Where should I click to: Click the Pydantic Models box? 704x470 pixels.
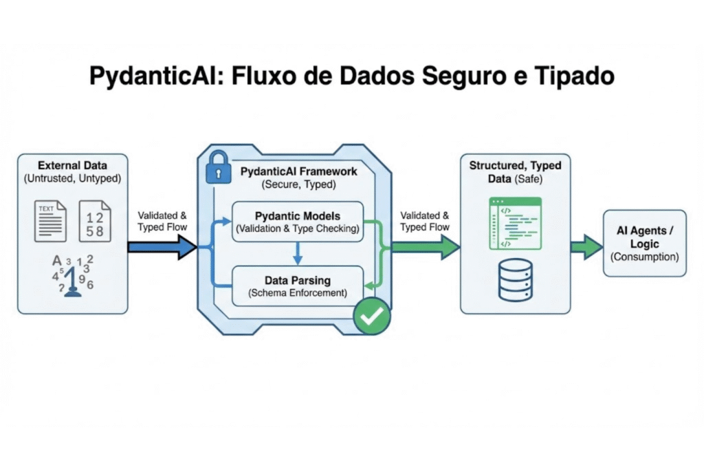(297, 222)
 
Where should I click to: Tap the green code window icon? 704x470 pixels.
(515, 223)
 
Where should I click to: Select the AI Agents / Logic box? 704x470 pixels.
(644, 244)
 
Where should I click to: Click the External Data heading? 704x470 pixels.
(72, 165)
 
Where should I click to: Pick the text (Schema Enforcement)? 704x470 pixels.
(297, 293)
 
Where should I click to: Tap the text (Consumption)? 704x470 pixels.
(644, 257)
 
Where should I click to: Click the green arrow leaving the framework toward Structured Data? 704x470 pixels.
(426, 246)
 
